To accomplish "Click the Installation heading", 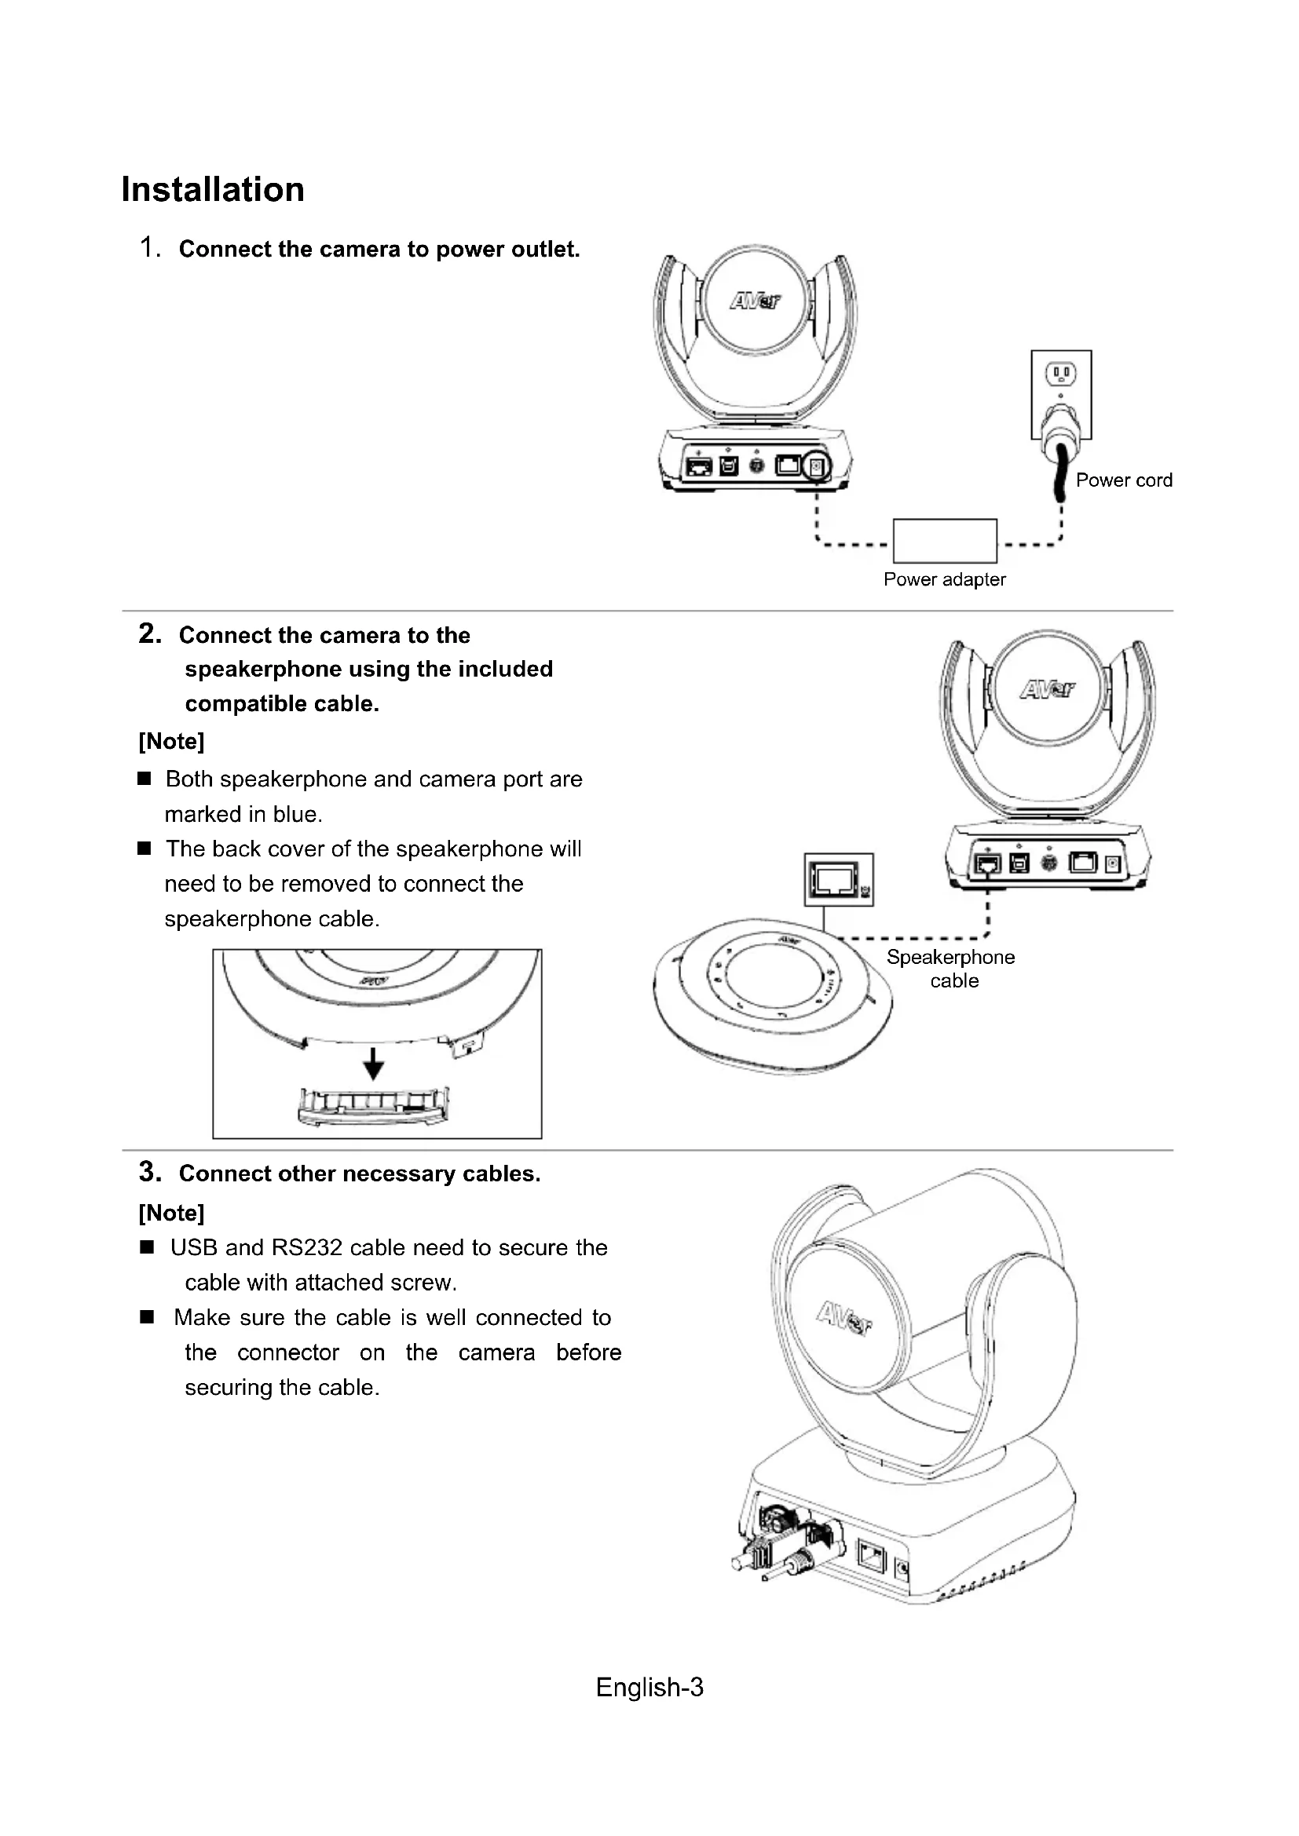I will click(x=213, y=190).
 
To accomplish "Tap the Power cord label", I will click(x=1123, y=480).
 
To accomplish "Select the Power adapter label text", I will click(x=944, y=579).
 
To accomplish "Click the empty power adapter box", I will click(x=944, y=541).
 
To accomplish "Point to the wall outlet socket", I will click(x=1060, y=373).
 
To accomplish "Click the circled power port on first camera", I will click(x=816, y=465).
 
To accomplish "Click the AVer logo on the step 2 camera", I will click(x=1047, y=689).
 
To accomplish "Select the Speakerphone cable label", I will click(x=950, y=969).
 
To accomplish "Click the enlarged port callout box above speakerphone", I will click(x=838, y=880).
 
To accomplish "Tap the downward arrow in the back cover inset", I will click(x=374, y=1064).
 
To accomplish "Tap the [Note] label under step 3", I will click(x=171, y=1213).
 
